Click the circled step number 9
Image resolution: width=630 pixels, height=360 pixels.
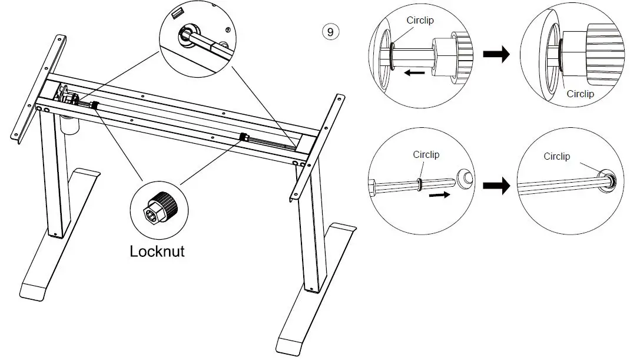click(x=331, y=32)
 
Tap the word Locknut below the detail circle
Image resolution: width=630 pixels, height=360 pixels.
click(x=157, y=252)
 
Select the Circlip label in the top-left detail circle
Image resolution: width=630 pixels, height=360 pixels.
click(x=420, y=20)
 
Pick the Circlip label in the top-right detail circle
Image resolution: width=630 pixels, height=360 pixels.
click(x=580, y=94)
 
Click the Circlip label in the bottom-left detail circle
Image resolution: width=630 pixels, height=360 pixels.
click(x=426, y=154)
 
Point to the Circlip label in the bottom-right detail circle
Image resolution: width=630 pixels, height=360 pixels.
click(x=556, y=156)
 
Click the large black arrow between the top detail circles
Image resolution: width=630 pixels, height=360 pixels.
click(x=496, y=54)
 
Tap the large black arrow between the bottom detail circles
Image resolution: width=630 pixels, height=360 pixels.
click(x=496, y=186)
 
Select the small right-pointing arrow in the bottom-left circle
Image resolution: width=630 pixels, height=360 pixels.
click(x=439, y=195)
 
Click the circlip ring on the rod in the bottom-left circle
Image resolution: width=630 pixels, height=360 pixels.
click(x=419, y=184)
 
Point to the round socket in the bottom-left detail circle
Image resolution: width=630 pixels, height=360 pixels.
click(x=465, y=177)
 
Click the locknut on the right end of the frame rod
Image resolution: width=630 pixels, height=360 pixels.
click(x=243, y=137)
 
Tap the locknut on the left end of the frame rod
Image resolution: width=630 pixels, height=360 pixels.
click(x=95, y=105)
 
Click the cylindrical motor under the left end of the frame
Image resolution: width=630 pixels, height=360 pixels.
click(x=69, y=124)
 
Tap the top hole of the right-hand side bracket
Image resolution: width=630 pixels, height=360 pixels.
click(x=339, y=98)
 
